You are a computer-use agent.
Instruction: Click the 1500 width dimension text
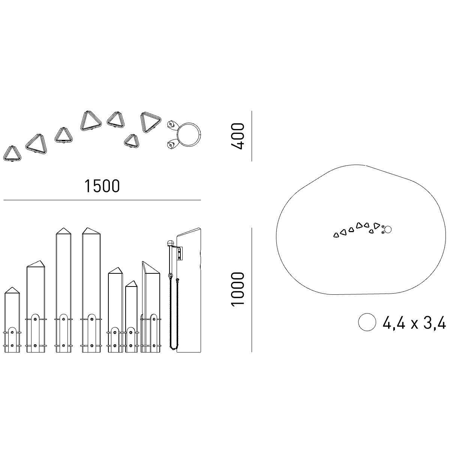pyautogui.click(x=102, y=186)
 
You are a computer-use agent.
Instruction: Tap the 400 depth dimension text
pyautogui.click(x=237, y=136)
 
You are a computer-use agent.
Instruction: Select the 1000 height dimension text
pyautogui.click(x=237, y=289)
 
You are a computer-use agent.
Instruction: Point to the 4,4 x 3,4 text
pyautogui.click(x=414, y=322)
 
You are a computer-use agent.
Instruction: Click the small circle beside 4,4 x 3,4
pyautogui.click(x=367, y=322)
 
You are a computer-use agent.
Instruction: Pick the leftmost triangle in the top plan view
pyautogui.click(x=12, y=154)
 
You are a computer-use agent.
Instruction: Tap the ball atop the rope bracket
pyautogui.click(x=170, y=243)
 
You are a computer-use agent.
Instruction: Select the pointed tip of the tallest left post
pyautogui.click(x=63, y=228)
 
